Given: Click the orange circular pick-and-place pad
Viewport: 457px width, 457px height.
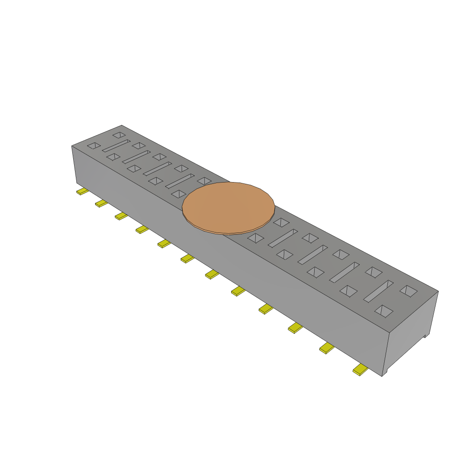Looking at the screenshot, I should [228, 207].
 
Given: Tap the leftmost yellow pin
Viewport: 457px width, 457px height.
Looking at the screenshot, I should [82, 191].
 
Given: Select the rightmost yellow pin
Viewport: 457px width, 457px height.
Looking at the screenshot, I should [360, 370].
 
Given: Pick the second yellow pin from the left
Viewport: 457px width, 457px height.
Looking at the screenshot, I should [101, 204].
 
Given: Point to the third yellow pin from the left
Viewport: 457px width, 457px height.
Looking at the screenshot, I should [121, 216].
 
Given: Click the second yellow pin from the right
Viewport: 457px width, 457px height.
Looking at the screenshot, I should [327, 348].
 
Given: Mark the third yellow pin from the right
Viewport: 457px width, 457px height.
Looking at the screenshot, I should [295, 328].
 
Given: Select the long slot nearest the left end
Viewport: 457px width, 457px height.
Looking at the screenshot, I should [116, 145].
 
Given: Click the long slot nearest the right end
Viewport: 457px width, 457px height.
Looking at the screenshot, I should [378, 291].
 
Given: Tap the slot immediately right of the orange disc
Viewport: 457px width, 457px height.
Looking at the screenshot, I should [283, 238].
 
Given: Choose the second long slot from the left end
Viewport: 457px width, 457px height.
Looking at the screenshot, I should [136, 157].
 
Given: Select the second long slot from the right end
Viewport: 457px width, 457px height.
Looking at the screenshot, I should [344, 272].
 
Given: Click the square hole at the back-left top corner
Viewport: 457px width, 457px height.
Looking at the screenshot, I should [119, 134].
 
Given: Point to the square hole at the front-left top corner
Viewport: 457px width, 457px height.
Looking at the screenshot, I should [94, 145].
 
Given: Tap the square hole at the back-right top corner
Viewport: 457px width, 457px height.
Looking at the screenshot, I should [408, 291].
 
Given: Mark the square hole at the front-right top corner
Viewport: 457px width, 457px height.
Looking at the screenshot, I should [384, 311].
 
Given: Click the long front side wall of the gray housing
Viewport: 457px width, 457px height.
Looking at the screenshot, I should [223, 250].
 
